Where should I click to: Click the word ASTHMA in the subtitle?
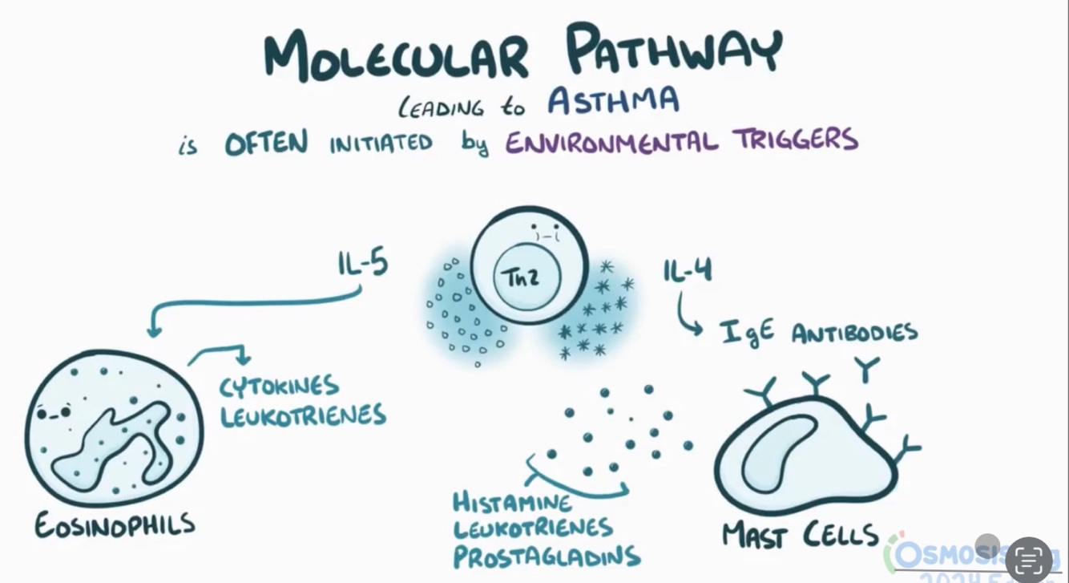[x=613, y=101]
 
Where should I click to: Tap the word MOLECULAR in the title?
[x=397, y=55]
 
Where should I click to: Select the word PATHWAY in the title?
[x=673, y=50]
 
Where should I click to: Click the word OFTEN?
[x=266, y=144]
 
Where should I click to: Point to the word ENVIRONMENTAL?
[x=611, y=142]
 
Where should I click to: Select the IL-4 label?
[x=688, y=271]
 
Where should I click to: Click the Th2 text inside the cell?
[x=520, y=277]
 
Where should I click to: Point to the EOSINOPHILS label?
[x=115, y=525]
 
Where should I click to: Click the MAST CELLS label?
[x=800, y=534]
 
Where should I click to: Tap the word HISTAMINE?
[x=513, y=504]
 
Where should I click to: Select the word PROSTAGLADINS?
[x=547, y=556]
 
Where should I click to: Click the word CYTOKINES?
[x=280, y=387]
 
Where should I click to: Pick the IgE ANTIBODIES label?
[x=817, y=332]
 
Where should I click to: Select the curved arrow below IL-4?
[x=688, y=314]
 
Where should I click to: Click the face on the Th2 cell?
[x=547, y=234]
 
